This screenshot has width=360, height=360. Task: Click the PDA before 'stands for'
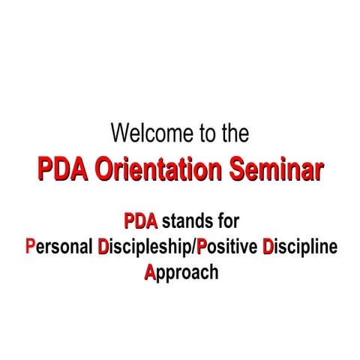(140, 222)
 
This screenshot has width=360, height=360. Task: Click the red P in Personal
(29, 247)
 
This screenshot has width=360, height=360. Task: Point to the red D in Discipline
(268, 247)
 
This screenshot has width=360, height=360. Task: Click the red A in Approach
(149, 271)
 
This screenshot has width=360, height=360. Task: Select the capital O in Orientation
(108, 170)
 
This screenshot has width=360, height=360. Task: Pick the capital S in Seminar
(237, 170)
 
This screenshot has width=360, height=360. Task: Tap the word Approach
(181, 272)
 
